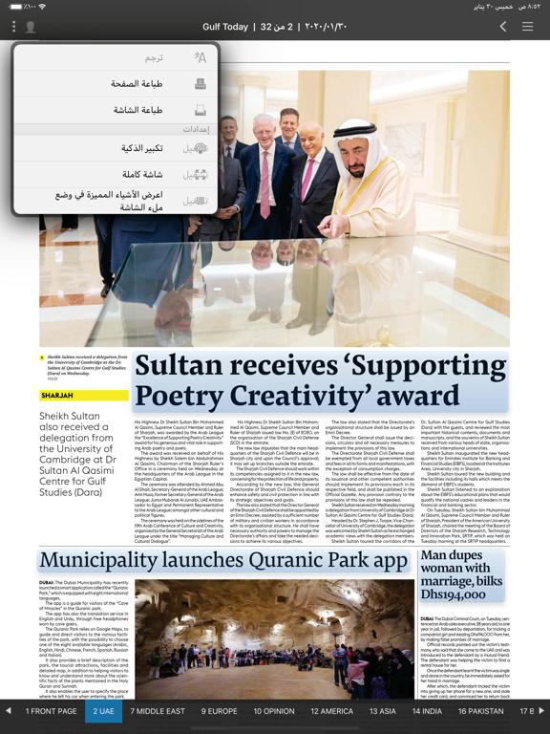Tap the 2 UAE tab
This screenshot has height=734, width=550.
(x=104, y=711)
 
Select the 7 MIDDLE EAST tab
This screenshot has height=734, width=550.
(x=158, y=711)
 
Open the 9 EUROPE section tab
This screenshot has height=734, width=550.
(x=219, y=711)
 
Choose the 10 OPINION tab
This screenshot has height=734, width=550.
(x=274, y=711)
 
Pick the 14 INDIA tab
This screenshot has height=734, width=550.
(x=426, y=711)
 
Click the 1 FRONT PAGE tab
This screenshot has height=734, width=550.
(x=46, y=711)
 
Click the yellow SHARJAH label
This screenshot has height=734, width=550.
(x=57, y=395)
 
